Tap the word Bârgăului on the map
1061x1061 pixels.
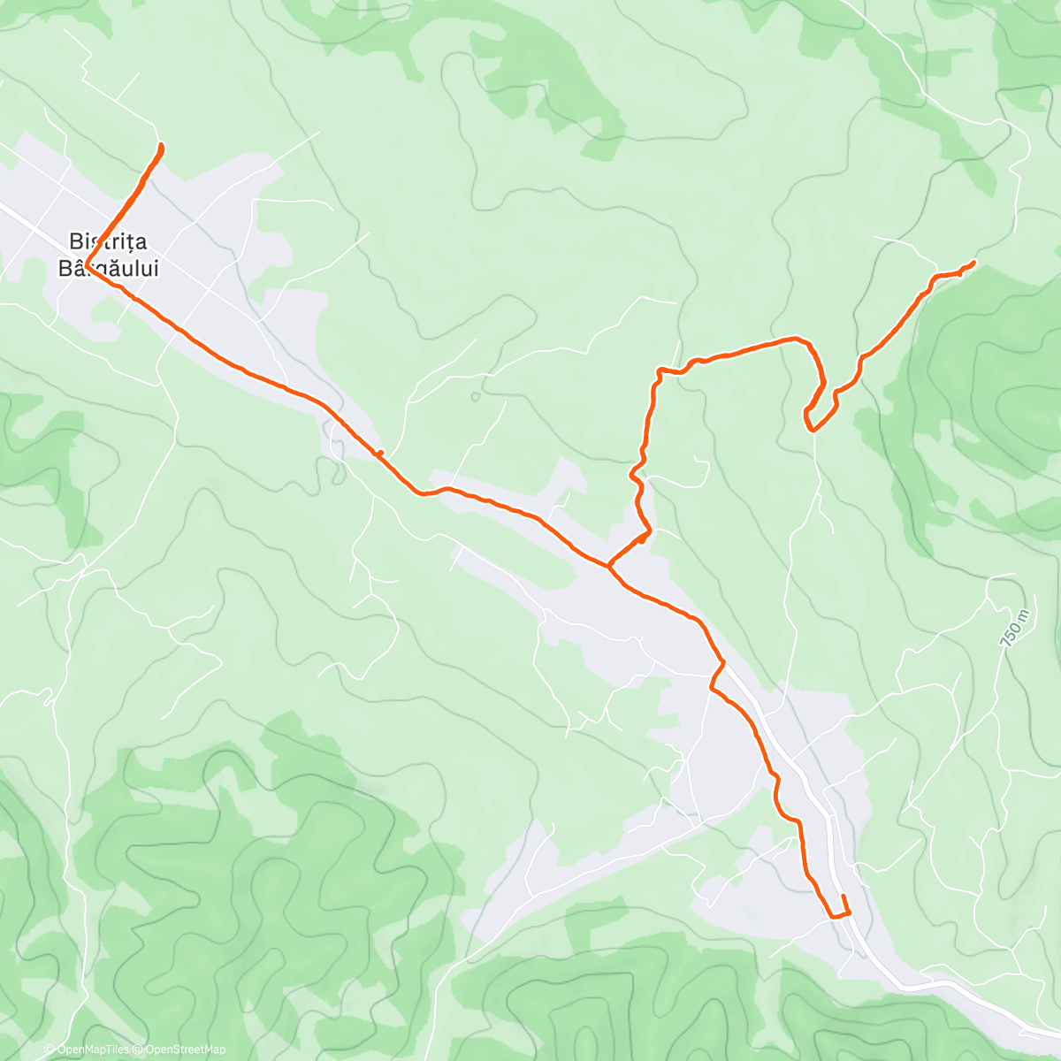point(109,268)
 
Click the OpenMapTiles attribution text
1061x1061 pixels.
point(93,1050)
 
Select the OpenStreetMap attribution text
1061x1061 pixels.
point(185,1050)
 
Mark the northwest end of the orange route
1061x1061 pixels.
point(160,144)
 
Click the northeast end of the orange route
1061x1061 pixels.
point(973,263)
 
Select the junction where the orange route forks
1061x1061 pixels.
point(607,565)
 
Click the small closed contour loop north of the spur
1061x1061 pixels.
point(476,396)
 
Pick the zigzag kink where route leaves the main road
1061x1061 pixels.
point(714,677)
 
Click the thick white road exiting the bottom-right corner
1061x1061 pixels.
point(1034,1031)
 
